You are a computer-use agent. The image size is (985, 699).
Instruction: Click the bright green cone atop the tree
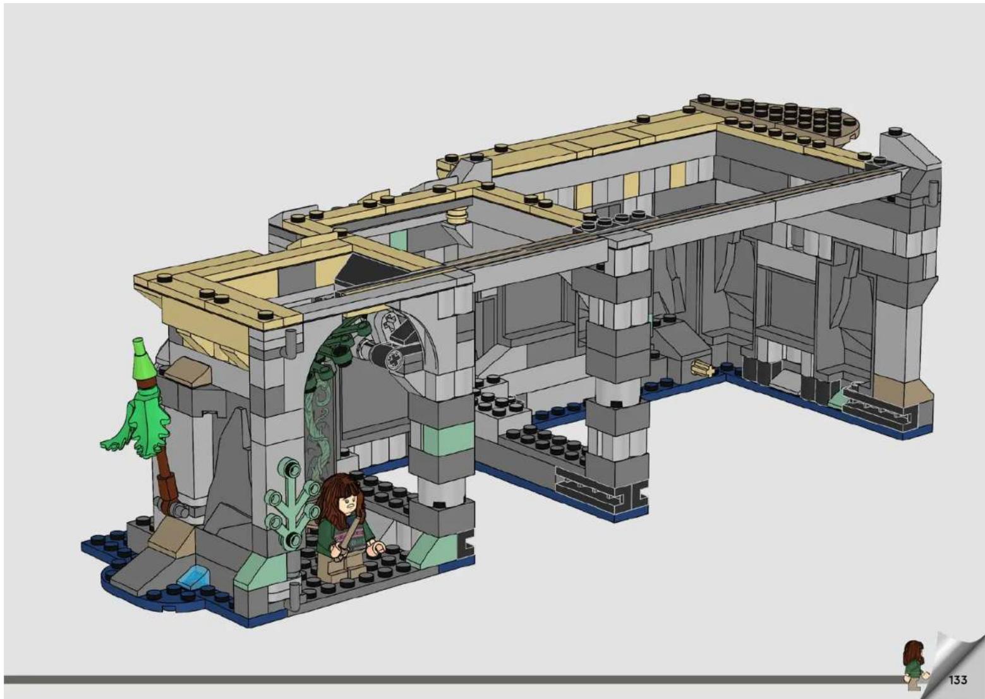tap(143, 358)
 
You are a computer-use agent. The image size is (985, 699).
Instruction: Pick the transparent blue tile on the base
tap(193, 576)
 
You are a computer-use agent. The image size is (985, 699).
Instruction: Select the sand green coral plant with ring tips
tap(291, 501)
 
